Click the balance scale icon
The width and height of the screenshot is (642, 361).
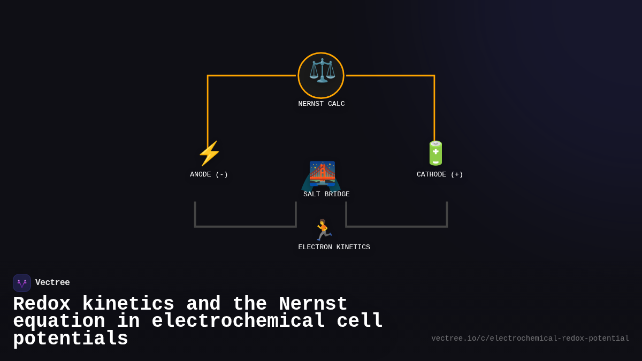tap(321, 71)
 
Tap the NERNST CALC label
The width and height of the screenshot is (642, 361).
tap(321, 104)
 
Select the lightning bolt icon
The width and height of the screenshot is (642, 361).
tap(209, 153)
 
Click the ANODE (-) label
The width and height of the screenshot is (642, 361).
tap(209, 174)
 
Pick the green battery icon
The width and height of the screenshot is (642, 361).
tap(435, 153)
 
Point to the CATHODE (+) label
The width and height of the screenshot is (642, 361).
tap(440, 174)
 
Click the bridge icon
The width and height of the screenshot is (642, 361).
tap(322, 174)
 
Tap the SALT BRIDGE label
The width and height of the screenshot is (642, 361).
tap(326, 194)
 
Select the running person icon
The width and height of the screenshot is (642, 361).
tap(323, 229)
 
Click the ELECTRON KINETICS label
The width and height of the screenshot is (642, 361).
tap(334, 247)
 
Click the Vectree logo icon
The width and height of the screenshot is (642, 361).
tap(22, 283)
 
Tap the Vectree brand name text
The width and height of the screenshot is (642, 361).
tap(52, 283)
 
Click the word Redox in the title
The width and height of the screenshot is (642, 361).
tap(42, 304)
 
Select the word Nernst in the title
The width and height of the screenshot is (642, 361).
tap(313, 304)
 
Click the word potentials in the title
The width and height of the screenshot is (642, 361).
tap(71, 339)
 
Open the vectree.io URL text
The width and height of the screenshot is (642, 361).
tap(530, 339)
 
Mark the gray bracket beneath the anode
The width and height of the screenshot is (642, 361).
tap(245, 226)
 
